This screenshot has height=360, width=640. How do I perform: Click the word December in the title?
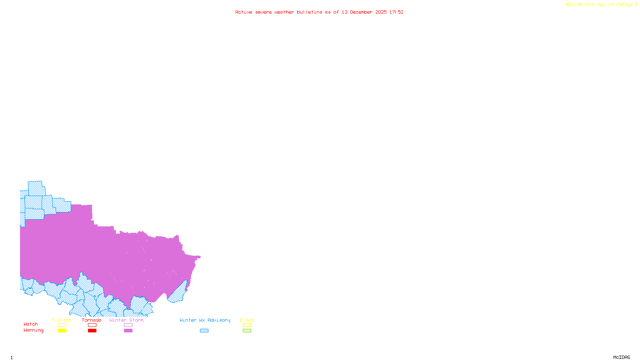click(361, 12)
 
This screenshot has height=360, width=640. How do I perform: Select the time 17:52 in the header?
click(396, 12)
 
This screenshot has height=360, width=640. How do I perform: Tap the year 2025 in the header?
click(381, 12)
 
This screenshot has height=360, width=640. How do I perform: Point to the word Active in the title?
click(244, 12)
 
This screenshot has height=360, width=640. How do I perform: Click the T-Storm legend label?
click(62, 320)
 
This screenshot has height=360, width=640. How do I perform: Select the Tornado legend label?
click(92, 320)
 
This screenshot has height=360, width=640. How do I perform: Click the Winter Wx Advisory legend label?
click(205, 320)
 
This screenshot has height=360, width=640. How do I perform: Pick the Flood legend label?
click(247, 320)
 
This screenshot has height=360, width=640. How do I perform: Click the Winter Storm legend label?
click(126, 320)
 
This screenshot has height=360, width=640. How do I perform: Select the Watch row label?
click(31, 324)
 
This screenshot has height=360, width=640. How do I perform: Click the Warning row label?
click(34, 330)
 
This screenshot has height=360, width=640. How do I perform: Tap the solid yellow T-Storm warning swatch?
click(62, 331)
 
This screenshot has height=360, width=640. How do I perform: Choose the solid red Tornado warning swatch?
click(92, 331)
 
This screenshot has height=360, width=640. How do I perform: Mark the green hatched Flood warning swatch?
click(247, 331)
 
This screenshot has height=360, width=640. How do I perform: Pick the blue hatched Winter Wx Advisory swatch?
click(204, 331)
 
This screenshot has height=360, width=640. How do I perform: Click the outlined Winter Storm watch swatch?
click(128, 325)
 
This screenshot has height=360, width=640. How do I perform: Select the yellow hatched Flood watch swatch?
click(247, 325)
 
